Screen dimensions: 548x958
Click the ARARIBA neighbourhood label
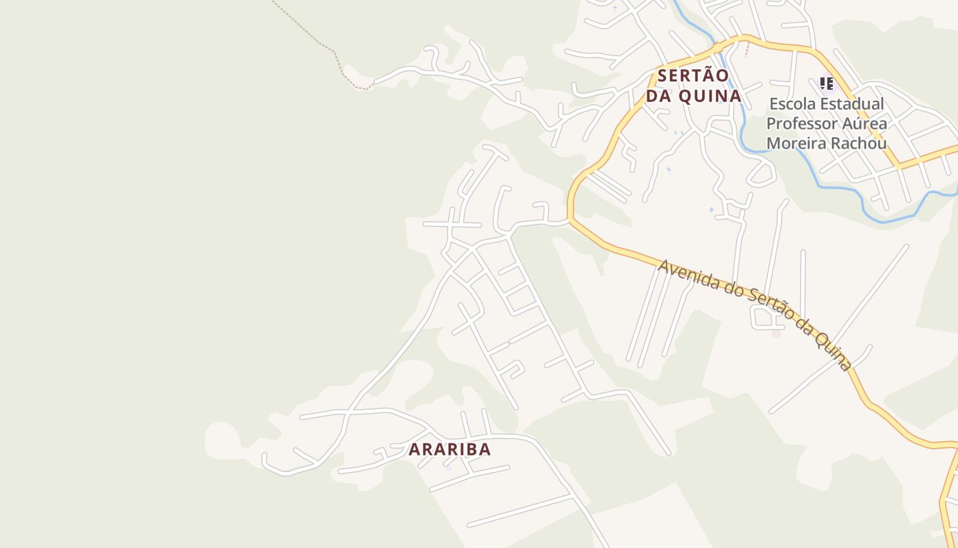pyautogui.click(x=450, y=449)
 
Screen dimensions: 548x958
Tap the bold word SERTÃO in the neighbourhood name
pyautogui.click(x=694, y=75)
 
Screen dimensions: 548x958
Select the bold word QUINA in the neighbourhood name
pyautogui.click(x=710, y=96)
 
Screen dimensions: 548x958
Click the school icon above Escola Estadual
pyautogui.click(x=827, y=84)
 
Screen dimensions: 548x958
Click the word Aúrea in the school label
pyautogui.click(x=865, y=124)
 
